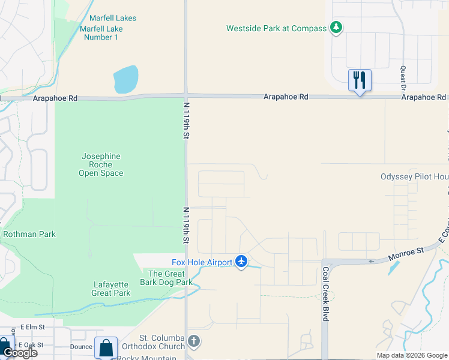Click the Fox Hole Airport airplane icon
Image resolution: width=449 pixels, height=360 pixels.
(241, 262)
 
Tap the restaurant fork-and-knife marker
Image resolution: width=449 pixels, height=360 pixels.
(360, 79)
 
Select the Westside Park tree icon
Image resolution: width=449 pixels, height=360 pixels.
(337, 28)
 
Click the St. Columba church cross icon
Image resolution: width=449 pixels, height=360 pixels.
(193, 341)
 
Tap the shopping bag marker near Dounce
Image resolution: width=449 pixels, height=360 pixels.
(106, 347)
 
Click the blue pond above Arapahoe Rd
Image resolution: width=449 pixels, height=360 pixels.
(125, 79)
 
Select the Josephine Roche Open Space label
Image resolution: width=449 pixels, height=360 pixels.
(101, 164)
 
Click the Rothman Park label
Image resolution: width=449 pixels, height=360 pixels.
(29, 234)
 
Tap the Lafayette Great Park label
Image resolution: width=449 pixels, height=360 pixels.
(110, 289)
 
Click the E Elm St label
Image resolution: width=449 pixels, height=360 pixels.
(33, 328)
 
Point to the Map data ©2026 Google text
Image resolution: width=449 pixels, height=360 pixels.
(412, 355)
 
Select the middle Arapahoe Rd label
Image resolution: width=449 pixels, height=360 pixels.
(286, 97)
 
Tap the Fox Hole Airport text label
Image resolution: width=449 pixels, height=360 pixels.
(202, 262)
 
